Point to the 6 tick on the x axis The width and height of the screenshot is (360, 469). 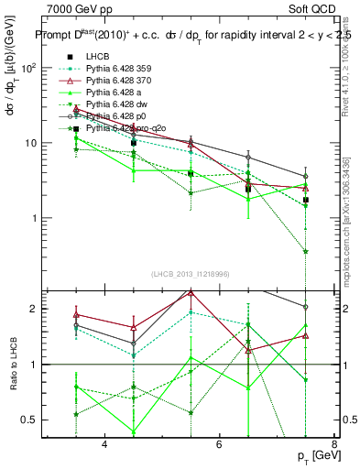219,445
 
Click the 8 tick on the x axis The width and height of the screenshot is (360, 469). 333,445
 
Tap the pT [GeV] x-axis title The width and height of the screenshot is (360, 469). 316,455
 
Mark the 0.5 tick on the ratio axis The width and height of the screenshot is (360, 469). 28,420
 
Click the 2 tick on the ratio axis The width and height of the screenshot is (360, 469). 32,309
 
